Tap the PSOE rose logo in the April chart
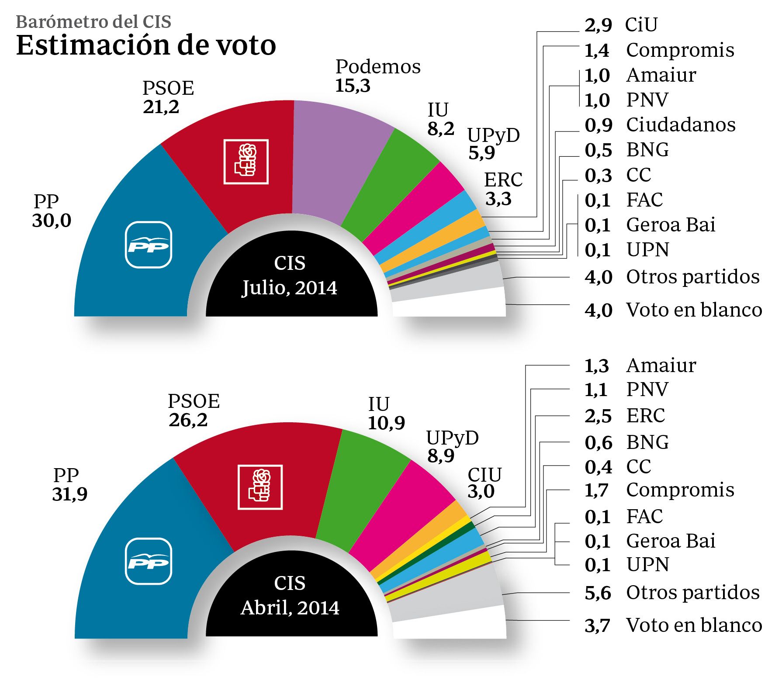[260, 487]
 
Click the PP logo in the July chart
[149, 245]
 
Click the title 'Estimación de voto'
[146, 45]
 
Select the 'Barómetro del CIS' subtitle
[93, 22]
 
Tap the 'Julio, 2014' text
[290, 288]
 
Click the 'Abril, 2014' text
[290, 607]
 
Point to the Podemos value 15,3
[353, 86]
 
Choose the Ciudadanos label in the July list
[681, 125]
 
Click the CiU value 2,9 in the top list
[598, 25]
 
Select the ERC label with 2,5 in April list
[645, 415]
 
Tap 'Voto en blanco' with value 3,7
[694, 625]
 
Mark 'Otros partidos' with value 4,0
[692, 277]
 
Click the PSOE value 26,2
[188, 420]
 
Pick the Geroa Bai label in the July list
[671, 225]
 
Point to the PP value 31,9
[70, 494]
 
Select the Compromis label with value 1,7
[680, 490]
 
